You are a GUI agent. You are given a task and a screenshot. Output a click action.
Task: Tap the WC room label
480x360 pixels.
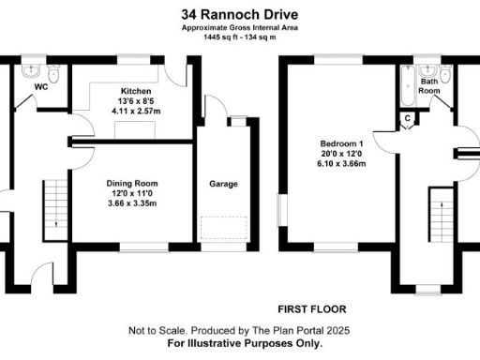tap(41, 87)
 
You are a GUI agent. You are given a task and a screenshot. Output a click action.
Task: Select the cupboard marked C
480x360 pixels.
tap(407, 119)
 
